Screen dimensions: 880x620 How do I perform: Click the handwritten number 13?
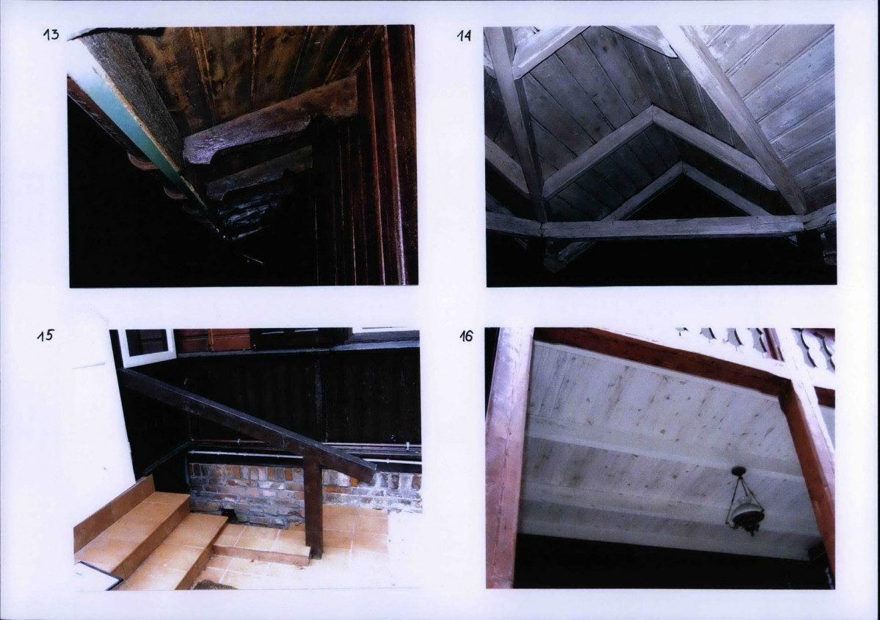(x=51, y=34)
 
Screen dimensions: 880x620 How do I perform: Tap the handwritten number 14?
(x=464, y=36)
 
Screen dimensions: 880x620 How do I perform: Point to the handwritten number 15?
(x=45, y=335)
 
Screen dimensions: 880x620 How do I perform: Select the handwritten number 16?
(x=466, y=336)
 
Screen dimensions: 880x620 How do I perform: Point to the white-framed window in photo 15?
(x=145, y=347)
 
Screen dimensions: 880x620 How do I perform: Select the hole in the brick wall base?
(x=230, y=512)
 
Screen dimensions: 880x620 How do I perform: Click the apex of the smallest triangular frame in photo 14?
(x=681, y=164)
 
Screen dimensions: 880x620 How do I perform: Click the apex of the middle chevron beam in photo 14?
(x=652, y=109)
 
